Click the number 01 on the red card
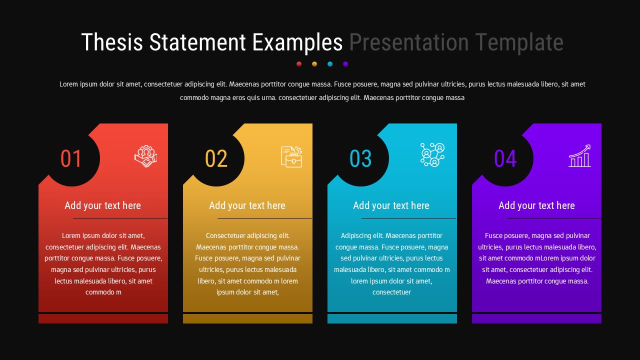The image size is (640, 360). coord(71,159)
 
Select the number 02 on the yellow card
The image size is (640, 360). coord(216,159)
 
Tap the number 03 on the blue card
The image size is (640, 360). coord(360,159)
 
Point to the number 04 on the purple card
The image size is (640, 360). coord(505,159)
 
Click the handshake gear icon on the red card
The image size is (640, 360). coord(145,156)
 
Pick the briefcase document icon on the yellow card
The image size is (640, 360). coord(291,156)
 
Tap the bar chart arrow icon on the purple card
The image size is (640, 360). coord(579,156)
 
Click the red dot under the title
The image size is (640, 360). coord(299,64)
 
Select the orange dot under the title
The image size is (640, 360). coord(314,64)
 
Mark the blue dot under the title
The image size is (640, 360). coord(330,64)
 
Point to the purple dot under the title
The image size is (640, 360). coord(345,64)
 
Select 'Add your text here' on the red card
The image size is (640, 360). coord(102,205)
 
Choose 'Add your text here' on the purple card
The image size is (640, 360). coord(536,205)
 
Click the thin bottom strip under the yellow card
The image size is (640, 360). coord(247,318)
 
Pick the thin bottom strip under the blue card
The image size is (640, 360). coord(392,318)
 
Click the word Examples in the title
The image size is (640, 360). coord(297,42)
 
